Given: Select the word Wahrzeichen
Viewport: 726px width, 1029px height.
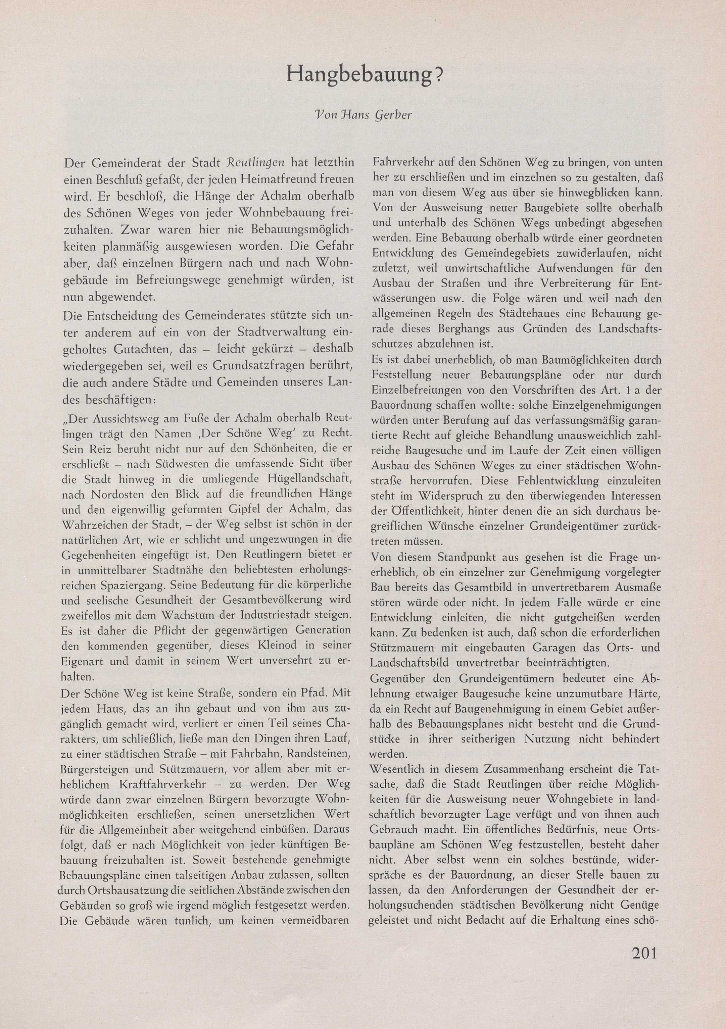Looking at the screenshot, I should pyautogui.click(x=97, y=525).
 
